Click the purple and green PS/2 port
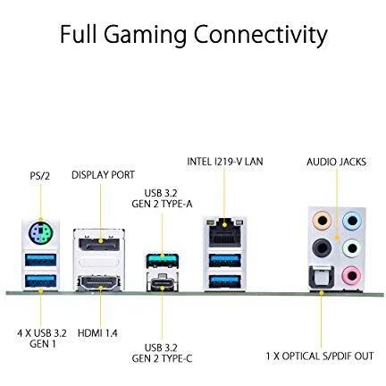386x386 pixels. coord(40,232)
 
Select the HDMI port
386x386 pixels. coord(99,283)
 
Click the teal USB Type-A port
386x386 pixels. coord(162,260)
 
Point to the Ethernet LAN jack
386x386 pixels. coord(225,234)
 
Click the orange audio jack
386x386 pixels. coord(322,221)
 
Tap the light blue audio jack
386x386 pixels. coord(352,221)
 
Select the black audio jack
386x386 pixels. coord(322,248)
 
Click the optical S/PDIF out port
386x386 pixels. coord(322,277)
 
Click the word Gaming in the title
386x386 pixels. coord(145,36)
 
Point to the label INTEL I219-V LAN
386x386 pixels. coord(225,162)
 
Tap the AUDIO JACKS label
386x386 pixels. coord(337,162)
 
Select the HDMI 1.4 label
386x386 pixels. coord(97,332)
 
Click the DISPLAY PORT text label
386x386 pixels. coord(103,175)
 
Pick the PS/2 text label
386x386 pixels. coord(40,176)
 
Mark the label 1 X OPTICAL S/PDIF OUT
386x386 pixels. coord(320,356)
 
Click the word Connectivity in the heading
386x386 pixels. coord(261,36)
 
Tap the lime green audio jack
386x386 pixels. coord(352,248)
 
